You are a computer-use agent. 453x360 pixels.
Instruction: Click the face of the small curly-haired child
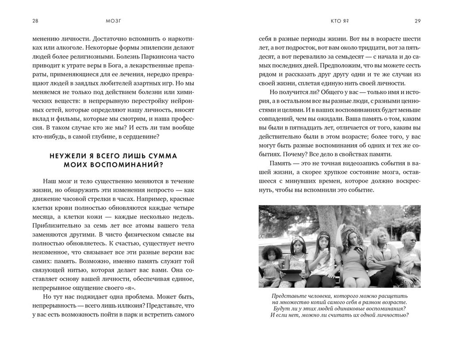click(270, 254)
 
